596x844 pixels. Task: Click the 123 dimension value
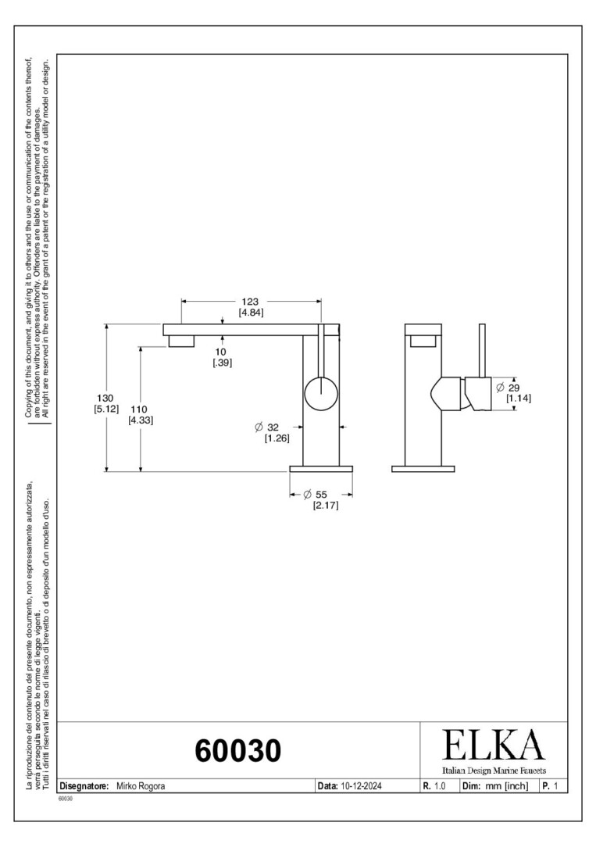[250, 302]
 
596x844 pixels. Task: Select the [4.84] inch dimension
[252, 312]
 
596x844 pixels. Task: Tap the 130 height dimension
[105, 399]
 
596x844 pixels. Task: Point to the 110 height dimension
[139, 409]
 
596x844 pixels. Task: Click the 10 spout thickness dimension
[220, 352]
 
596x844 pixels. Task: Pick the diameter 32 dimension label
[267, 427]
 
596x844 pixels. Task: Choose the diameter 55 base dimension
[316, 494]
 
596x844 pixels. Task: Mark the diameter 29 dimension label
[508, 388]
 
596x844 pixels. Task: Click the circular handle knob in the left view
[321, 393]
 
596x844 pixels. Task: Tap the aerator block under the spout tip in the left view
[181, 342]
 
